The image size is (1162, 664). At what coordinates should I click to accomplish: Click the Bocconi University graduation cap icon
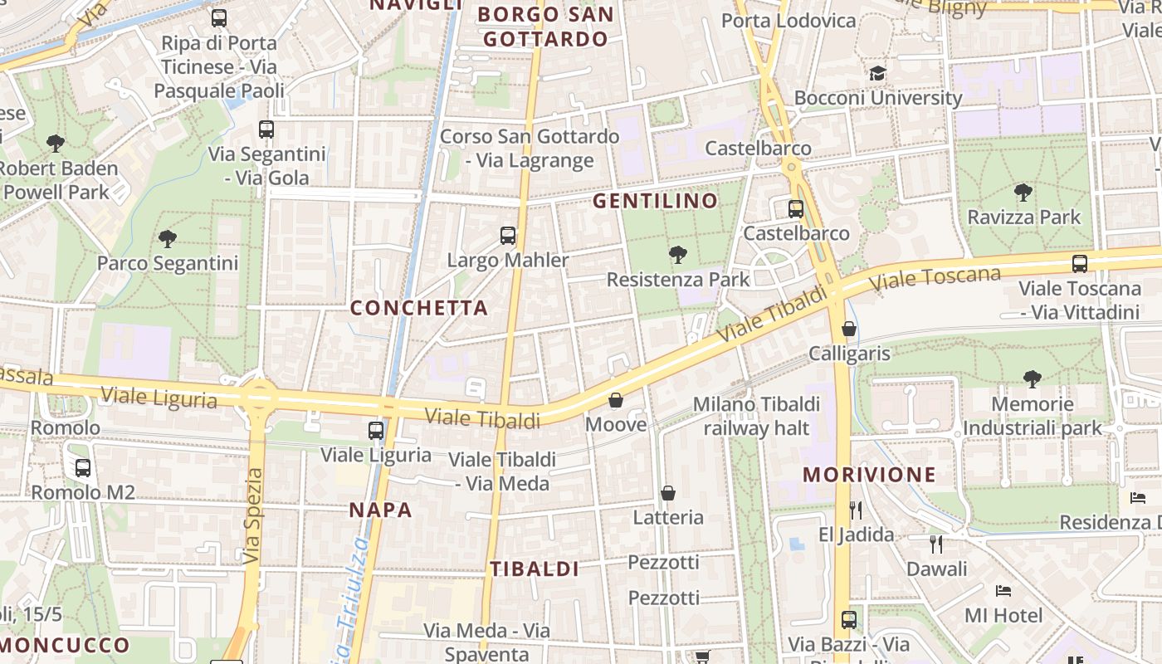tap(878, 74)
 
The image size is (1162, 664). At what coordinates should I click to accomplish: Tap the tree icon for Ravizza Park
tap(1023, 193)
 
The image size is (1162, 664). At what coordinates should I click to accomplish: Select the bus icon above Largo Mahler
tap(508, 236)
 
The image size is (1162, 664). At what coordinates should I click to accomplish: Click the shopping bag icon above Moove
tap(616, 401)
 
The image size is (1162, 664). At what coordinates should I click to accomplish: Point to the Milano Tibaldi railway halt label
tap(756, 416)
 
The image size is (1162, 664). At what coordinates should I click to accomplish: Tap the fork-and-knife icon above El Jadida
tap(856, 510)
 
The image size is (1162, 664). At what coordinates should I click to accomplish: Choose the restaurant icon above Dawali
tap(936, 544)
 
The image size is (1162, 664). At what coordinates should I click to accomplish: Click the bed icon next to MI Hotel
tap(1003, 591)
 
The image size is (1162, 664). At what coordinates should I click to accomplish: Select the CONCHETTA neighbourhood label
tap(418, 308)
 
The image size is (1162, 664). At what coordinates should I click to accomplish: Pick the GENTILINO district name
tap(655, 201)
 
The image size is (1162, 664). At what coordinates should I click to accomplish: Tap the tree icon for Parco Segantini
tap(168, 239)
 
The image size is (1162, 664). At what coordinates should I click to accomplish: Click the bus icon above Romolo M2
tap(83, 468)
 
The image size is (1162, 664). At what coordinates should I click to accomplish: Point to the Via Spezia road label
tap(253, 516)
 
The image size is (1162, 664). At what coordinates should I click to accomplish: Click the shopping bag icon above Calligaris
tap(848, 329)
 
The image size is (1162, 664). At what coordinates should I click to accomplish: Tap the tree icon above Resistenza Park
tap(678, 254)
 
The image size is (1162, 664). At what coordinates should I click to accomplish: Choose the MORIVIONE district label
tap(869, 475)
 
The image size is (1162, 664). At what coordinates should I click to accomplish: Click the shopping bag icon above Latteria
tap(668, 494)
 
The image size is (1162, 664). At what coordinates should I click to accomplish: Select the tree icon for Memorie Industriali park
tap(1033, 379)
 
